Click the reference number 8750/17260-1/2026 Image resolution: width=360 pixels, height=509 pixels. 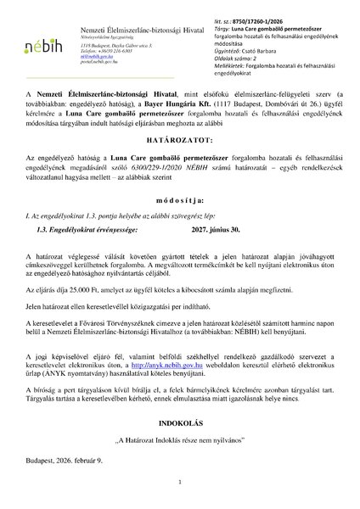click(x=245, y=9)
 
